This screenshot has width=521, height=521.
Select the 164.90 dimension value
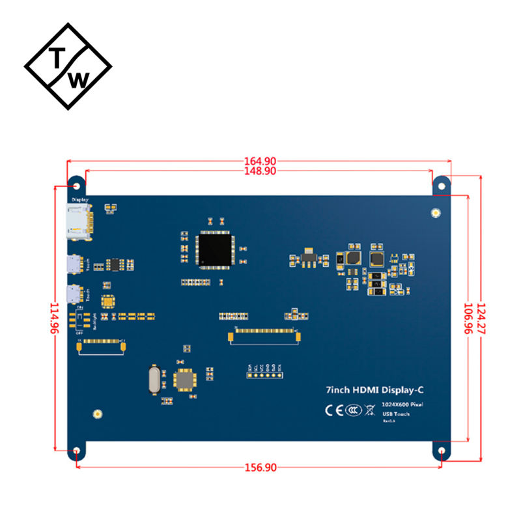(x=259, y=161)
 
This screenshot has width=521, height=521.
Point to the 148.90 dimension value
(x=259, y=171)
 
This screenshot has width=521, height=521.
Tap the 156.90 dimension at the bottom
(x=259, y=468)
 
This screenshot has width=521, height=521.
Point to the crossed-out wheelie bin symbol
(x=370, y=410)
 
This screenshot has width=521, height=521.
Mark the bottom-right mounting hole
(x=442, y=451)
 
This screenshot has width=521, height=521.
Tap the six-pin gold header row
(x=264, y=374)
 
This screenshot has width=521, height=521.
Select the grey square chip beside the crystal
(x=184, y=380)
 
